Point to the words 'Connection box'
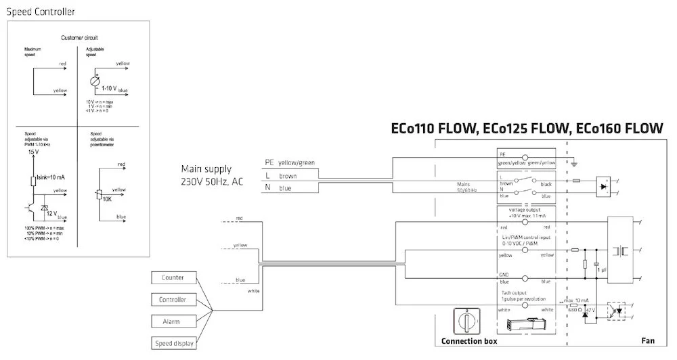coord(469,341)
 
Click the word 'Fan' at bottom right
coord(648,341)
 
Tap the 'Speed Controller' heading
coord(41,12)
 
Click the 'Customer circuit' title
coord(79,38)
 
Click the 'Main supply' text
coord(206,168)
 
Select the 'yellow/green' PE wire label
coord(297,162)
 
